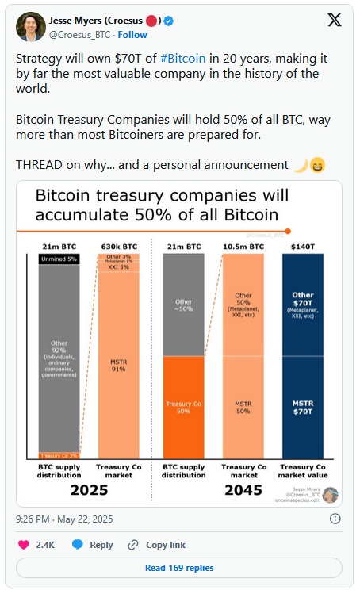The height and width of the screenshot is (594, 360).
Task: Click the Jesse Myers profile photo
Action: [x=31, y=27]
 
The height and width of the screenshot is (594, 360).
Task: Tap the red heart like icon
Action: [x=25, y=545]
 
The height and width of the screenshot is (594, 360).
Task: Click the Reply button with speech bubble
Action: [x=92, y=545]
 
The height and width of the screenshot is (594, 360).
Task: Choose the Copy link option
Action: [x=157, y=545]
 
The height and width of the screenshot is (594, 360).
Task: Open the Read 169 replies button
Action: [x=179, y=568]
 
